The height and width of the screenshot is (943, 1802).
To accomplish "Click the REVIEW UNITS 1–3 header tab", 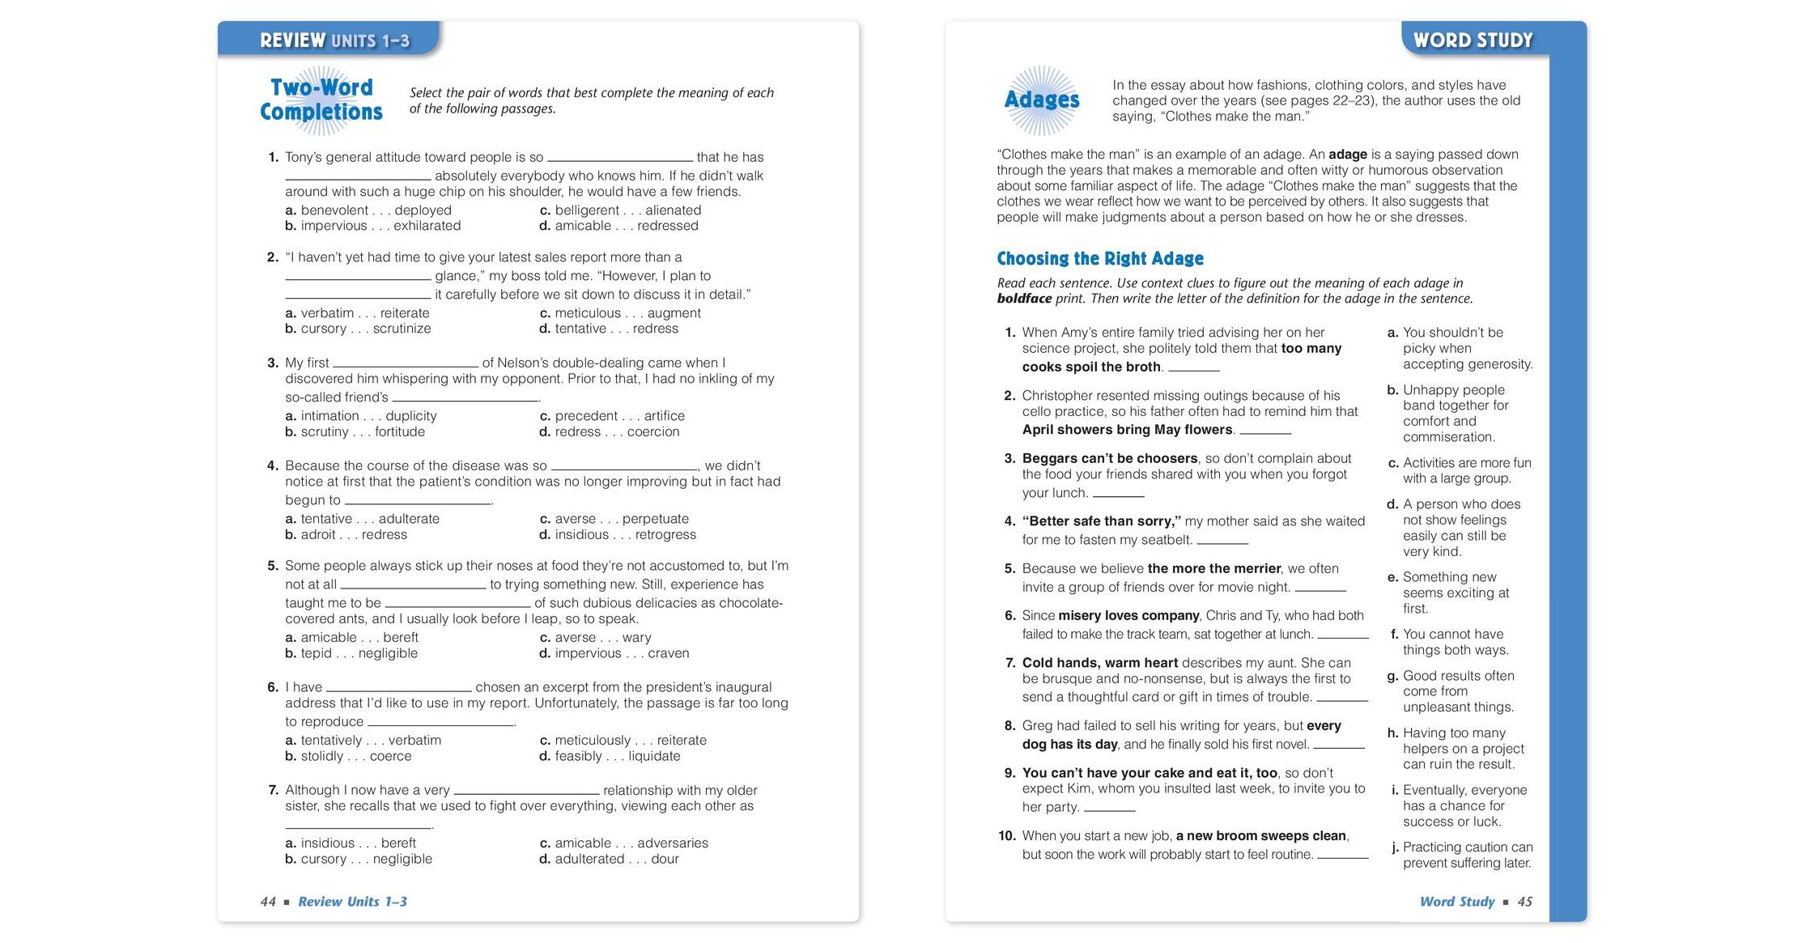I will coord(334,40).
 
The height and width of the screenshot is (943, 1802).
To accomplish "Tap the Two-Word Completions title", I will coord(321,100).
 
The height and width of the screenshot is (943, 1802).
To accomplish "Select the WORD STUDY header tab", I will coord(1473,40).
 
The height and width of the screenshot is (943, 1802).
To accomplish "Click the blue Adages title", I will coord(1041,100).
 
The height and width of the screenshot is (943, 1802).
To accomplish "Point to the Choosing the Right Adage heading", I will coord(1099,259).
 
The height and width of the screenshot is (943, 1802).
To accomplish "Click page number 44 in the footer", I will coord(268,902).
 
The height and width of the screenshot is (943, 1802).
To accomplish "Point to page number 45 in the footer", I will coord(1524,902).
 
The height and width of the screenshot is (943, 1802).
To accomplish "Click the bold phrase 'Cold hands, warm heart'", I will coord(1099,663).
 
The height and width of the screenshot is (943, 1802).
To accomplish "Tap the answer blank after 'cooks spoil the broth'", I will coord(1193,367).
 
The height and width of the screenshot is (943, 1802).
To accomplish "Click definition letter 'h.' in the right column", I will coord(1392,733).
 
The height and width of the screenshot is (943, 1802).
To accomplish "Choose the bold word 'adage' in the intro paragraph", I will coord(1347,155).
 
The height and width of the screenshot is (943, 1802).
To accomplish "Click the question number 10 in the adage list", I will coord(1006,836).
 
